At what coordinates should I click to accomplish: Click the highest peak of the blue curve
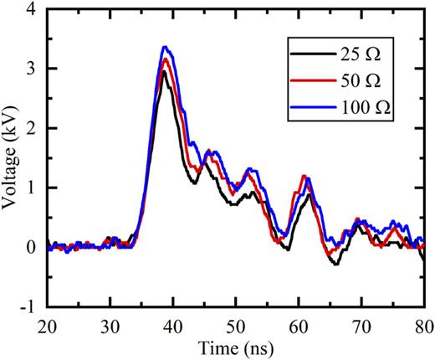point(166,47)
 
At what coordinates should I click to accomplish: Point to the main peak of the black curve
point(165,73)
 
